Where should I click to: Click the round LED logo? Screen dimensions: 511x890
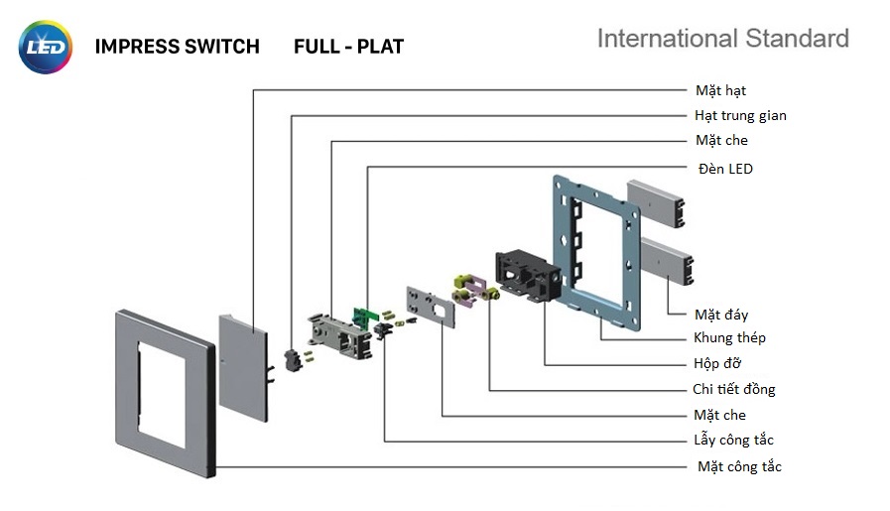pos(45,47)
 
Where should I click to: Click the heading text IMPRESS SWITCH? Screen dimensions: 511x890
pos(177,47)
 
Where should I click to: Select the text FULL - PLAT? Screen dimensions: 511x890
pos(348,47)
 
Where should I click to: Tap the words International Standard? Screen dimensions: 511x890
pos(722,39)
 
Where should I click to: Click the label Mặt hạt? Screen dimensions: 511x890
pos(720,91)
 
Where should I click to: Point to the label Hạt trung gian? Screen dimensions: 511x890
pos(740,116)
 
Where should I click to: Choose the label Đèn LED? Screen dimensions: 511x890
pos(725,169)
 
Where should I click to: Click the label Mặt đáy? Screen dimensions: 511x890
pos(721,315)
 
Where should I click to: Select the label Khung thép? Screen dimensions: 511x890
pos(729,338)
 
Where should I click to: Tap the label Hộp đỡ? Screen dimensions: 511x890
pos(716,363)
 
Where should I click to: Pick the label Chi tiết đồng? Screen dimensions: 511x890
pos(733,389)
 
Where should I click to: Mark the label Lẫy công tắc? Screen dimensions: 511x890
pos(733,440)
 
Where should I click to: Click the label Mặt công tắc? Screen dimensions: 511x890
pos(739,466)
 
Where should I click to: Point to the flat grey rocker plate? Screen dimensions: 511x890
pos(242,362)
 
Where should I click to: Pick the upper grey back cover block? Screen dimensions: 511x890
pos(658,202)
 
